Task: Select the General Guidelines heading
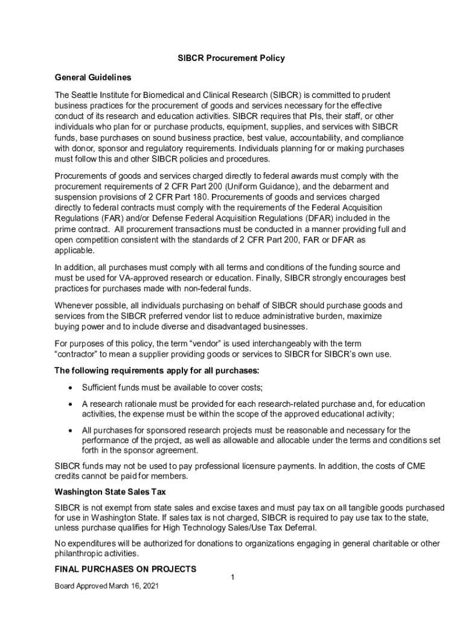click(93, 77)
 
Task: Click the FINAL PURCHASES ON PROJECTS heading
click(126, 569)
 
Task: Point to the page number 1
click(232, 578)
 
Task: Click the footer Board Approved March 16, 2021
click(107, 586)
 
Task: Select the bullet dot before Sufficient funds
click(72, 387)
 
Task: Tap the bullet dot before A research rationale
click(72, 404)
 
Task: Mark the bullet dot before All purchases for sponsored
click(72, 430)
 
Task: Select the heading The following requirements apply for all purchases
click(157, 370)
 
